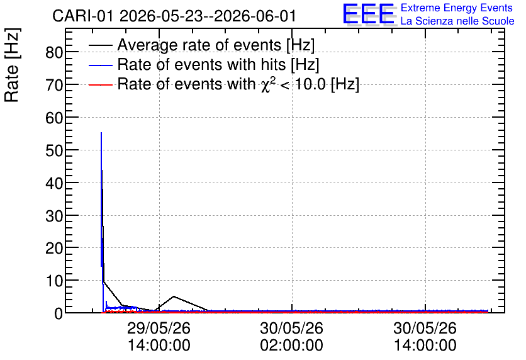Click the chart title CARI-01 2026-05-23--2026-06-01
(174, 16)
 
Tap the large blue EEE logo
(369, 14)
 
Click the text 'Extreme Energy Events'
(457, 8)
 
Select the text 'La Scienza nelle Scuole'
(457, 21)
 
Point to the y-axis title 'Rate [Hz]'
(13, 65)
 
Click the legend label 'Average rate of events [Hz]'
(216, 45)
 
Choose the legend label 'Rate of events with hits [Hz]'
(218, 64)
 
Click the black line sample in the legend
(101, 45)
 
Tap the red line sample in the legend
(101, 85)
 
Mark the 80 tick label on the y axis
(54, 52)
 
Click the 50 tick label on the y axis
(54, 150)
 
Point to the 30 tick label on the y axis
(54, 216)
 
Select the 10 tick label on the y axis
(54, 281)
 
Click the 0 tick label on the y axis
(59, 313)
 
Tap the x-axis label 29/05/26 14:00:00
(159, 337)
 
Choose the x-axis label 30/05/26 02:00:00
(292, 337)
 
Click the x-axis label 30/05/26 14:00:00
(425, 337)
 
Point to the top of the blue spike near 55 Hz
(101, 133)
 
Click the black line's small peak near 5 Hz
(174, 296)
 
